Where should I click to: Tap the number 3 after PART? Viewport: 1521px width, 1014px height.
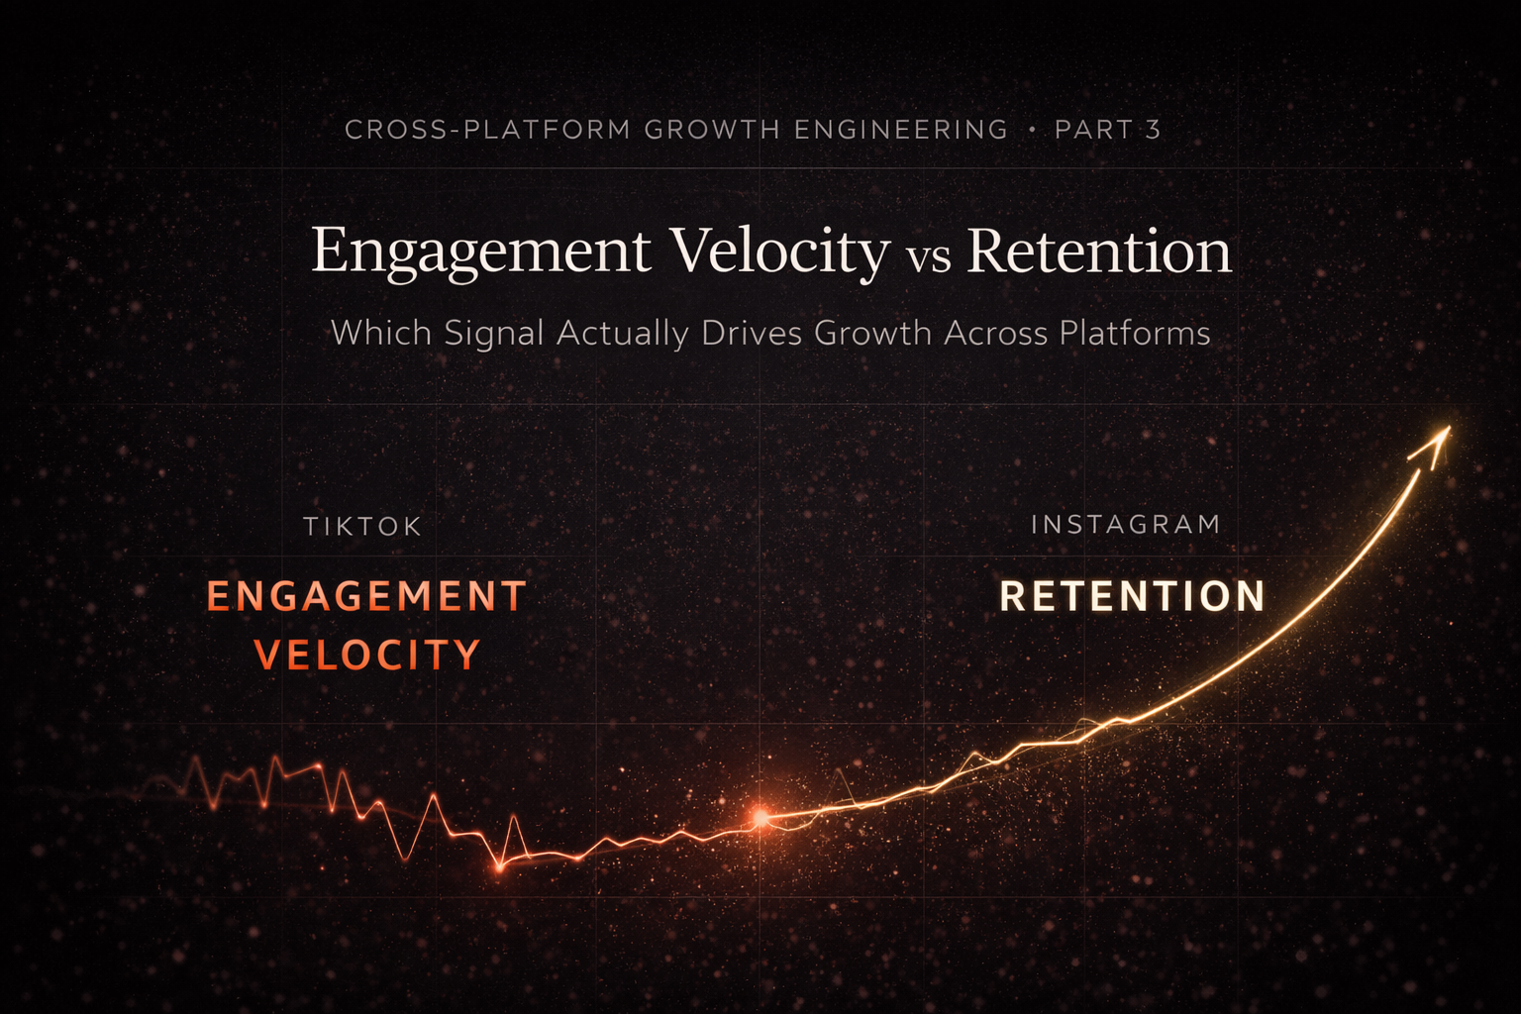[x=1153, y=130]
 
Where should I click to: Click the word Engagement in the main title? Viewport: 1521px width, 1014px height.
[x=481, y=252]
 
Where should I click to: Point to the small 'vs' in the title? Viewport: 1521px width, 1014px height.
[x=928, y=257]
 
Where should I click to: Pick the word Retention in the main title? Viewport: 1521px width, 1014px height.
[x=1099, y=252]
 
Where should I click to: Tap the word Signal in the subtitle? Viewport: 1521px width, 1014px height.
[x=493, y=334]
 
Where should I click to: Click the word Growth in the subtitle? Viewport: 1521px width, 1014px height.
[x=872, y=333]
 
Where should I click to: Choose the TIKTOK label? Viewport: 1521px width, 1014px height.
[x=362, y=527]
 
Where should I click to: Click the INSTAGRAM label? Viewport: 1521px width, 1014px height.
[x=1126, y=524]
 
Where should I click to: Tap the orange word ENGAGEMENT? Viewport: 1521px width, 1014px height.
[x=366, y=596]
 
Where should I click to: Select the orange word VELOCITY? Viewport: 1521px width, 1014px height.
[x=367, y=656]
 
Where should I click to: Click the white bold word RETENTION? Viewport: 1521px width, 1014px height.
[x=1133, y=596]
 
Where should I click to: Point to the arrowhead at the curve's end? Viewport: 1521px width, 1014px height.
[x=1435, y=443]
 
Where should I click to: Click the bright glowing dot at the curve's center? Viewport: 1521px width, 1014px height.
[x=760, y=817]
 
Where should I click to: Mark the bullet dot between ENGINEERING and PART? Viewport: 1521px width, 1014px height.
[x=1032, y=130]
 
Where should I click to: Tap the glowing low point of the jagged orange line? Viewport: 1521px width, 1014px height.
[x=500, y=867]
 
